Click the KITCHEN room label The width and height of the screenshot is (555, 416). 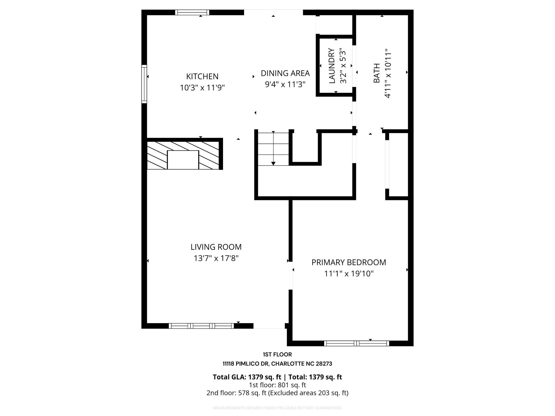tap(202, 77)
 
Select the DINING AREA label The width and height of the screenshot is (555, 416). tap(285, 73)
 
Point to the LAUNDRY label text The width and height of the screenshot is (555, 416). tap(332, 66)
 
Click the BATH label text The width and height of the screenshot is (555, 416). tap(377, 73)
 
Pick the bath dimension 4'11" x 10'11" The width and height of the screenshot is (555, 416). tap(388, 73)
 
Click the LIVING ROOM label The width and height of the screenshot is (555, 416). tap(216, 247)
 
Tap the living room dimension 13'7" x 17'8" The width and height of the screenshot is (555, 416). tap(216, 258)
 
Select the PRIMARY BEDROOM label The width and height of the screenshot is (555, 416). tap(349, 262)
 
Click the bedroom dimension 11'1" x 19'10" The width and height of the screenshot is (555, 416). tap(349, 274)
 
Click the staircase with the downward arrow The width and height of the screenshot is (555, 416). tap(273, 149)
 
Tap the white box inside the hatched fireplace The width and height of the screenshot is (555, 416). tap(183, 160)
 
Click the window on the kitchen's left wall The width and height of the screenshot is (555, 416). tap(144, 84)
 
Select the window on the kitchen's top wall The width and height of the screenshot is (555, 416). tap(192, 12)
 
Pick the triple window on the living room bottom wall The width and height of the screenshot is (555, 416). tap(201, 326)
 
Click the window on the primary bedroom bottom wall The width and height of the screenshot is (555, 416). tap(356, 343)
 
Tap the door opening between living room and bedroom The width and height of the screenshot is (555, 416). tap(291, 275)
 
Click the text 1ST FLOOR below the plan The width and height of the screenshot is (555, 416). tap(277, 355)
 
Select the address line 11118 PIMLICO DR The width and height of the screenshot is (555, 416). tap(277, 364)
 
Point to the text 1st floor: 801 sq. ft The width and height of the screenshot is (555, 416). tap(277, 385)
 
